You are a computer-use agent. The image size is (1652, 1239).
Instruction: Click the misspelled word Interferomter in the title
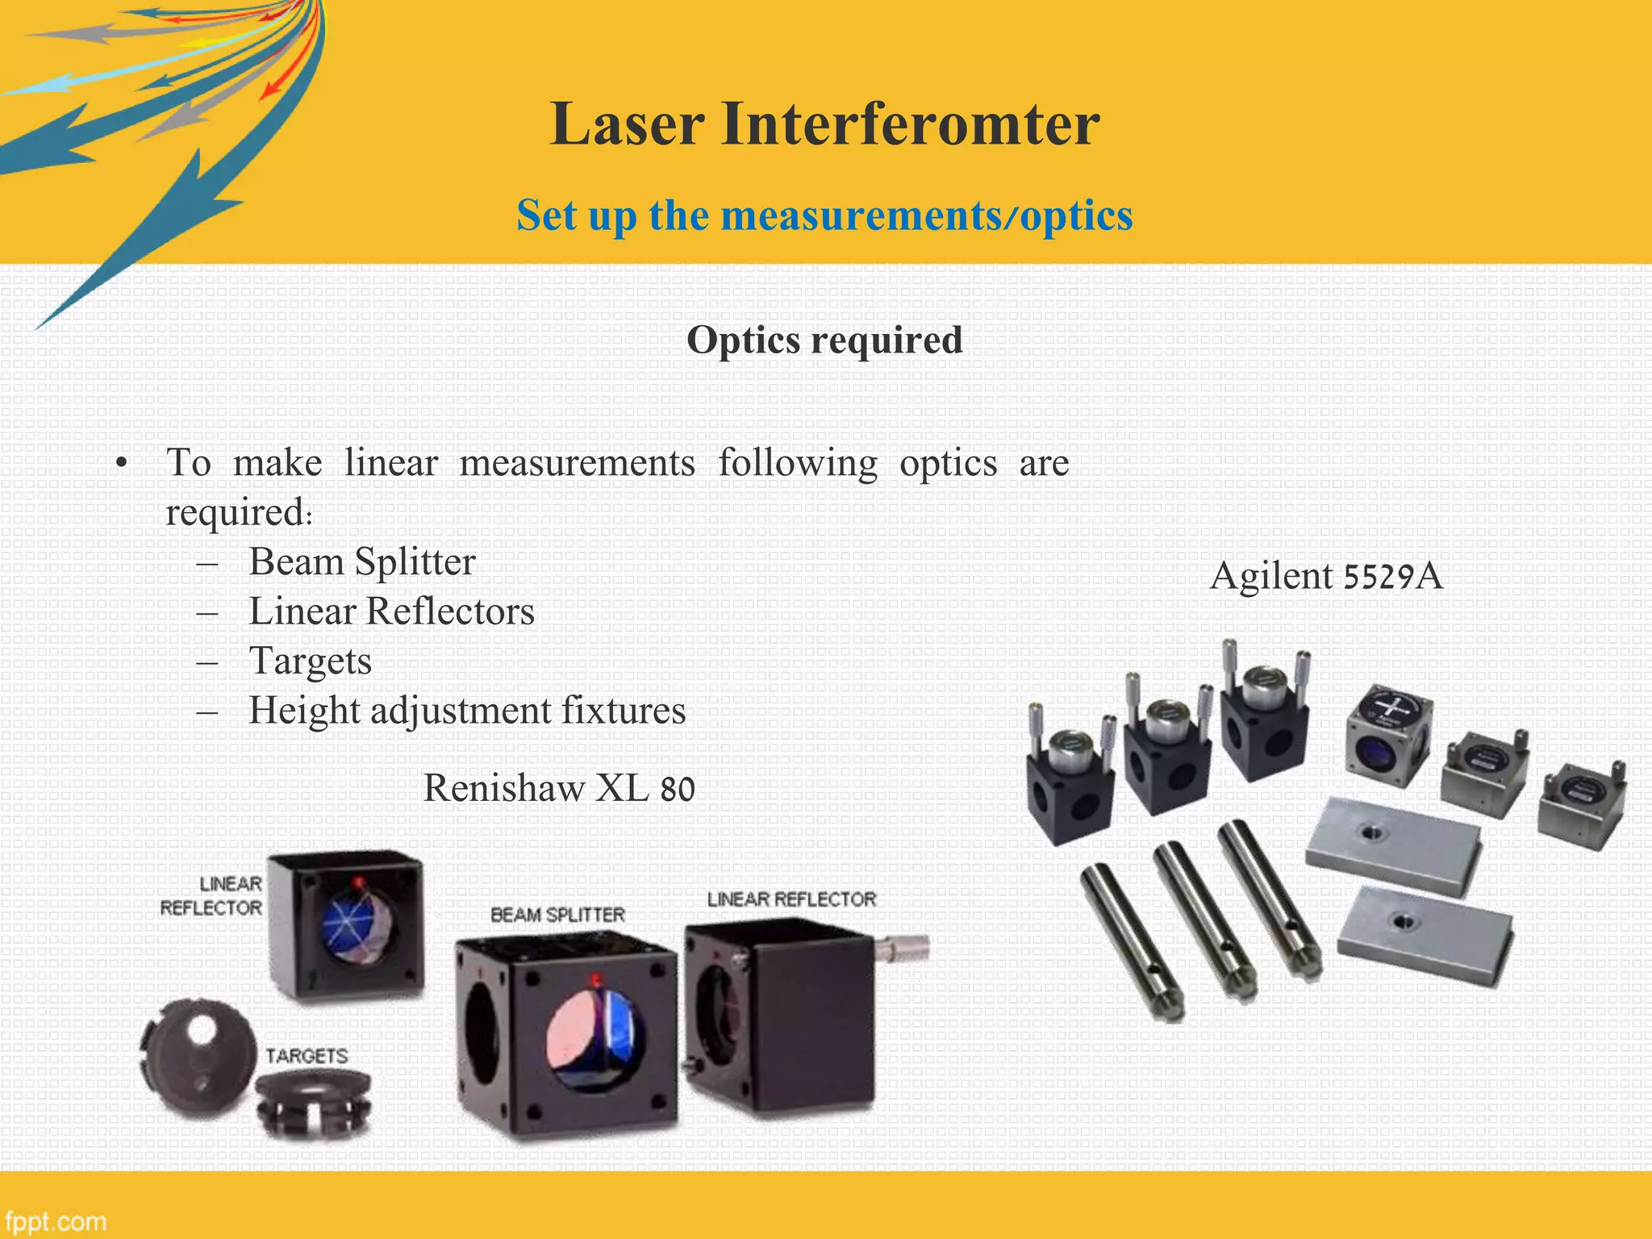point(910,125)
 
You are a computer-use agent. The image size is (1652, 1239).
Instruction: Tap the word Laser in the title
point(628,125)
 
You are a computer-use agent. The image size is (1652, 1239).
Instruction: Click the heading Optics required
point(824,340)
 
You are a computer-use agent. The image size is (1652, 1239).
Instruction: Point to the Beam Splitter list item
point(362,562)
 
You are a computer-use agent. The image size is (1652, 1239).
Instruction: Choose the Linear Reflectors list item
point(391,611)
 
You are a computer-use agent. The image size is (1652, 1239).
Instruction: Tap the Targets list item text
point(310,661)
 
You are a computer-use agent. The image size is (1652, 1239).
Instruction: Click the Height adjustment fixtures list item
point(467,711)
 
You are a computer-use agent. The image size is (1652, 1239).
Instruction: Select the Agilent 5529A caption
point(1326,576)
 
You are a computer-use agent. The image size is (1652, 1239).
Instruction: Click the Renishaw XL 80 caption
point(559,788)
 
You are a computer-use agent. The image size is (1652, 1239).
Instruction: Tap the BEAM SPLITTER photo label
point(557,915)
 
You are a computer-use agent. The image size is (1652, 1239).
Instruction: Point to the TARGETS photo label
point(307,1056)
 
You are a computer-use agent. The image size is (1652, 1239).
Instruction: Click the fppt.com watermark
point(55,1221)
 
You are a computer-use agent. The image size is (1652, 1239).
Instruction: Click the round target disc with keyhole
point(196,1055)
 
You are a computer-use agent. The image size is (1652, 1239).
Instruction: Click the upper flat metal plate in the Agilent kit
point(1394,845)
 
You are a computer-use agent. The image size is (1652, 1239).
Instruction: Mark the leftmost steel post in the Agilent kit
point(1131,940)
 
